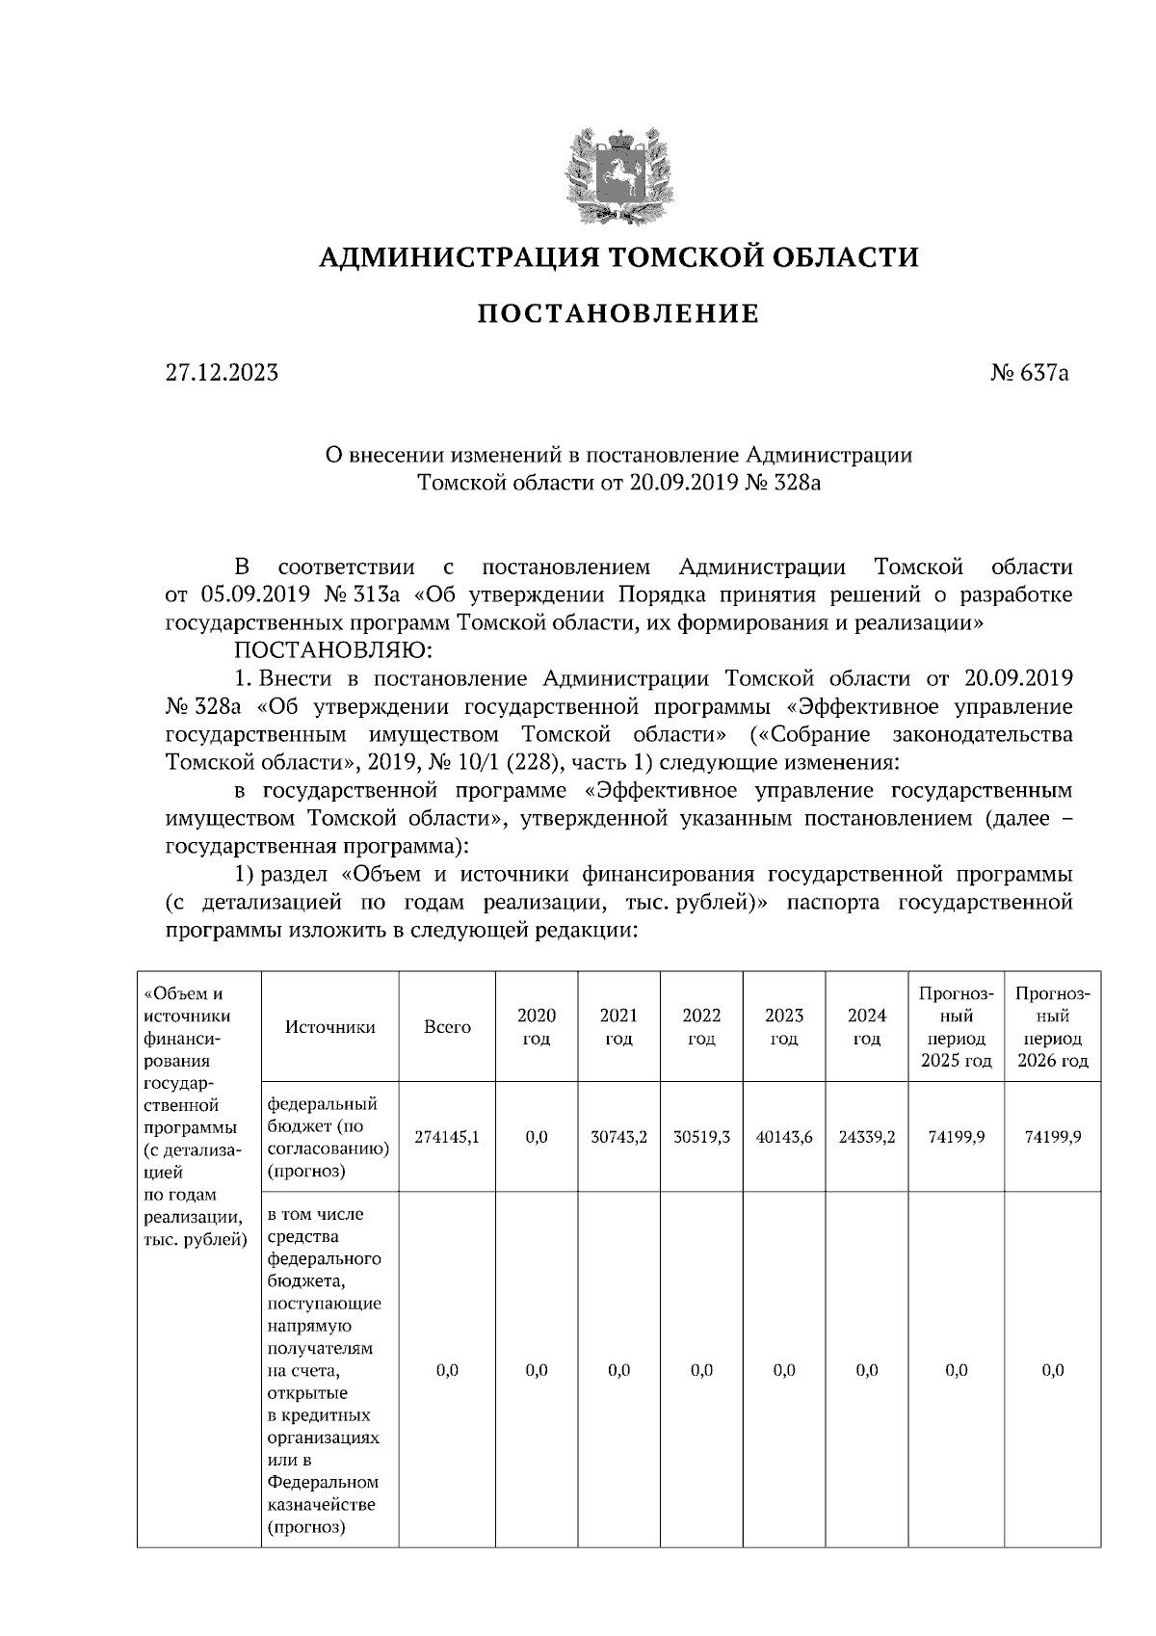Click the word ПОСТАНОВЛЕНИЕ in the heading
(x=617, y=314)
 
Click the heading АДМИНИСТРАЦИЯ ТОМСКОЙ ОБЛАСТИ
(x=617, y=257)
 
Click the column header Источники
(x=329, y=1027)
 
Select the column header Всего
(x=447, y=1027)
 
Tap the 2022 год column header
(x=701, y=1027)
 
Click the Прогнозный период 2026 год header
(x=1052, y=1027)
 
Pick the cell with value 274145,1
(x=447, y=1137)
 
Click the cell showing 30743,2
(x=618, y=1137)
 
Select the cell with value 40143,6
(x=784, y=1137)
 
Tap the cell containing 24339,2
(x=867, y=1137)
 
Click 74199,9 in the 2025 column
(x=956, y=1137)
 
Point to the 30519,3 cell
(x=701, y=1137)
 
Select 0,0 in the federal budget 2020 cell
(x=537, y=1137)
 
